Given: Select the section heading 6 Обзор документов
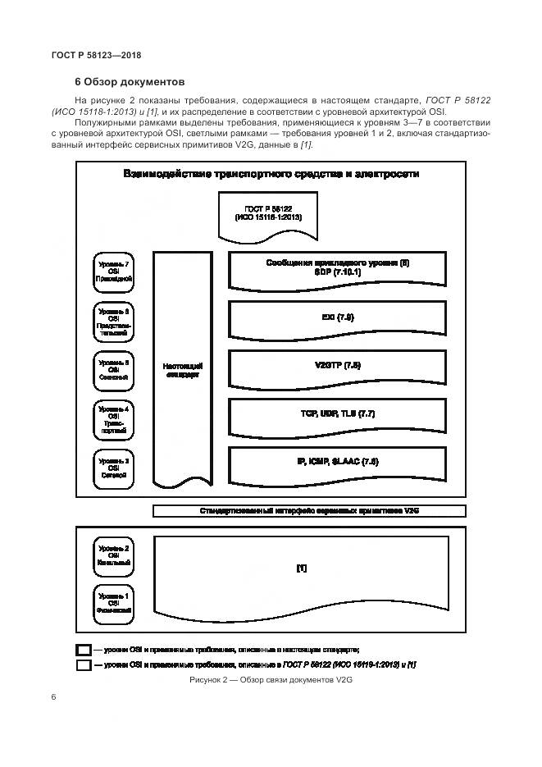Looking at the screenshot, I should [130, 82].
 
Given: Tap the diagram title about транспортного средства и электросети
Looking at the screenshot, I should [271, 174].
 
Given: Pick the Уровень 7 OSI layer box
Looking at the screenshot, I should [114, 272].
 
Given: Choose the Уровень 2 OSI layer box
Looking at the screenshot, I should [114, 555].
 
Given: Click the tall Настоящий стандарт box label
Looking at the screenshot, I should [182, 370].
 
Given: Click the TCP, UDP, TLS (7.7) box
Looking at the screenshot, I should [337, 414].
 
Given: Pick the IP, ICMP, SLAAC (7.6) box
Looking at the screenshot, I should [337, 463].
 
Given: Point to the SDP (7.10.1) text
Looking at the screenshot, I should [337, 272].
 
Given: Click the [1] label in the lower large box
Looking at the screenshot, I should [301, 568].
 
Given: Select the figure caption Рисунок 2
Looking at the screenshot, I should [270, 680].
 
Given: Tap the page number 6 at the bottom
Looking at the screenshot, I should [53, 697].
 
